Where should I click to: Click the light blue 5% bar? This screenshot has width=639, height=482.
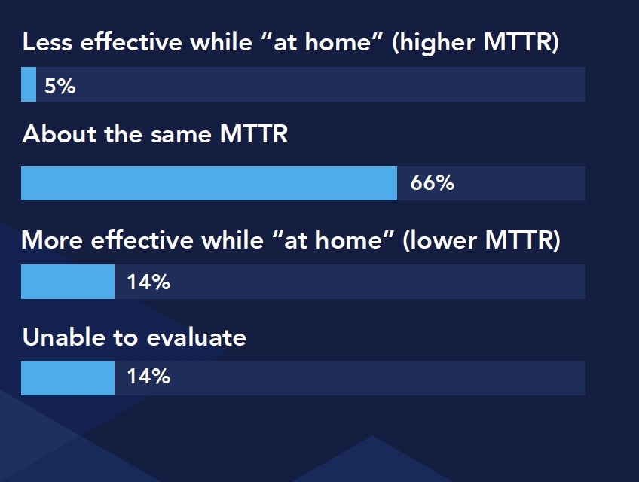[29, 84]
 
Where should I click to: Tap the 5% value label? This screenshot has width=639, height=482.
[60, 86]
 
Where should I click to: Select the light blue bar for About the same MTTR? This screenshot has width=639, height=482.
[209, 183]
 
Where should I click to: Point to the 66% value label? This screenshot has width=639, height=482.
[432, 182]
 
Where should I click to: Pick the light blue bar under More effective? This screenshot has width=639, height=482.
[68, 282]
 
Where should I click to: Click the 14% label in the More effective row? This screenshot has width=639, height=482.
[148, 282]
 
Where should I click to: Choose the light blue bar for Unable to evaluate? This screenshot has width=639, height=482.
[68, 378]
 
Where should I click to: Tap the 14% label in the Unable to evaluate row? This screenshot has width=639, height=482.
[148, 376]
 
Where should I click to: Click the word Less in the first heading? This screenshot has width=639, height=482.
[47, 42]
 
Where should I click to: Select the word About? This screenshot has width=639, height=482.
[60, 134]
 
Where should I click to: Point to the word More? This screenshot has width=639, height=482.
[52, 240]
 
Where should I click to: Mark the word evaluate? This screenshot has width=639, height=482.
[196, 337]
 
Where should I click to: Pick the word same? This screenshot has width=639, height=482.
[181, 135]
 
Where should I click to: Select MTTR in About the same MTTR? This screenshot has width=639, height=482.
[253, 134]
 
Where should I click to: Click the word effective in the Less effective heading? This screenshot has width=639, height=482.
[131, 42]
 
